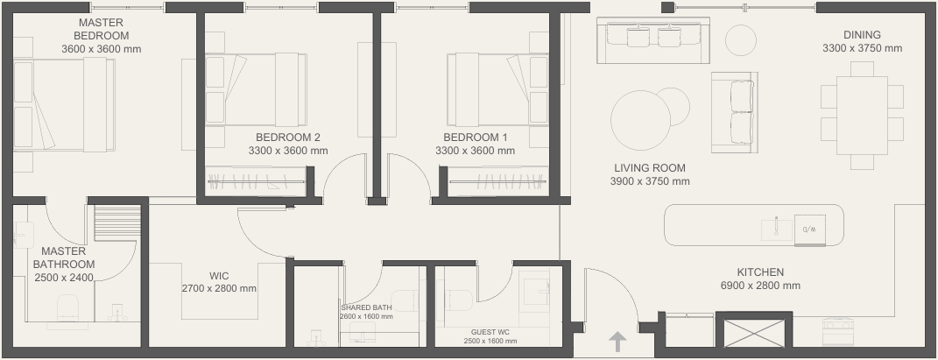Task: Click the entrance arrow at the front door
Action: tap(617, 342)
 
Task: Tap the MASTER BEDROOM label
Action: tap(101, 29)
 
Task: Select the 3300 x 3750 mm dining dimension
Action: tap(862, 48)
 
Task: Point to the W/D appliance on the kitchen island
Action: tap(810, 229)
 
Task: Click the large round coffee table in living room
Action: tap(641, 120)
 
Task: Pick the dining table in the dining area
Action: tap(862, 116)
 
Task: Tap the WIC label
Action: tap(219, 276)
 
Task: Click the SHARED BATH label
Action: tap(366, 308)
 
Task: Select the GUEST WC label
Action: tap(490, 333)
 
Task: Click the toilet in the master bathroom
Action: tap(67, 307)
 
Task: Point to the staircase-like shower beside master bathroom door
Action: tap(117, 223)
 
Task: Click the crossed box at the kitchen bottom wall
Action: tap(754, 333)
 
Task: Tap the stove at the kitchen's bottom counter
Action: tap(837, 332)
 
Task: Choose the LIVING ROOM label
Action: tap(650, 168)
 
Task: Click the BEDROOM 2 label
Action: tap(288, 138)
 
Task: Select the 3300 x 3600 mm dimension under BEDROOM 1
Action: tap(475, 151)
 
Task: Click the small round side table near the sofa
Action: tap(741, 40)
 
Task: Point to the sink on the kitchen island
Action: tap(777, 229)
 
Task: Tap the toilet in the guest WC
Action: tap(460, 300)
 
